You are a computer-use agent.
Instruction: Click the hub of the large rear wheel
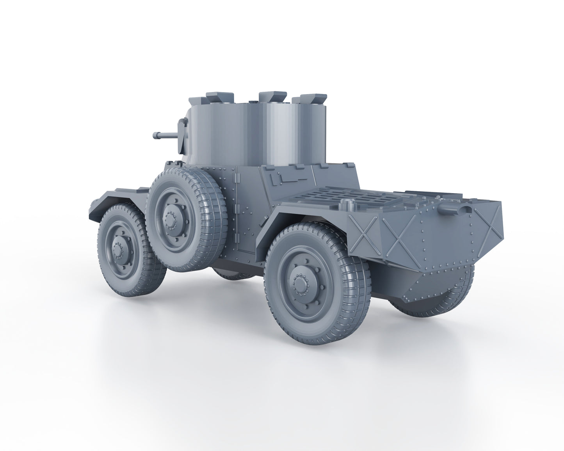coord(300,282)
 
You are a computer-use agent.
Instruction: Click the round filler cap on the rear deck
coord(347,203)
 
